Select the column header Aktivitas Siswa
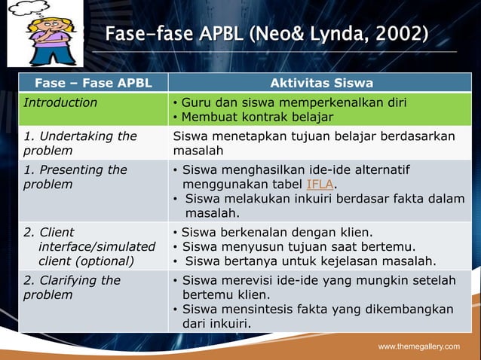(321, 83)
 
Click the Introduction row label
(60, 102)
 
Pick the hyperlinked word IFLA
(320, 185)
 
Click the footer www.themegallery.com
(418, 346)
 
